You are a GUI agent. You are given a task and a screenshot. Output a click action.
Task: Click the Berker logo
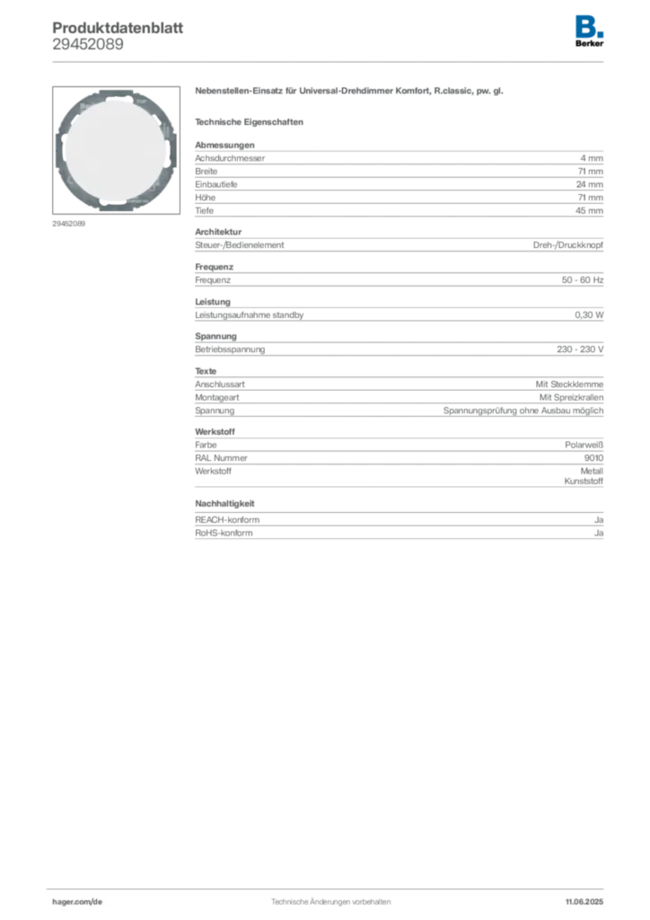click(x=589, y=31)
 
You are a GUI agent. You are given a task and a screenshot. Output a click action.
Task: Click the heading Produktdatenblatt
click(x=118, y=28)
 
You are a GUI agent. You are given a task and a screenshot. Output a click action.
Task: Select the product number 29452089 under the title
click(x=88, y=45)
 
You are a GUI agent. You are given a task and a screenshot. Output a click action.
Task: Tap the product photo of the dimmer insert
click(x=116, y=150)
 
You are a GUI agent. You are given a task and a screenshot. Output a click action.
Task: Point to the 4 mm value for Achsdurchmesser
click(x=592, y=158)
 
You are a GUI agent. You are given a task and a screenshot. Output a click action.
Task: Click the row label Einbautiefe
click(x=215, y=184)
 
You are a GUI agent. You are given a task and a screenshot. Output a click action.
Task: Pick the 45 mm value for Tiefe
click(x=589, y=210)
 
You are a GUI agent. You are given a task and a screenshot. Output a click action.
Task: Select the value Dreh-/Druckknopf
click(x=568, y=245)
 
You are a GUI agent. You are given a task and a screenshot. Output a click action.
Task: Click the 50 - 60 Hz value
click(x=582, y=280)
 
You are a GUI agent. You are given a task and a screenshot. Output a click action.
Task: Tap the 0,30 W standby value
click(x=589, y=315)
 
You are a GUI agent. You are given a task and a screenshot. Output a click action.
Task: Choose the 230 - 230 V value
click(x=580, y=349)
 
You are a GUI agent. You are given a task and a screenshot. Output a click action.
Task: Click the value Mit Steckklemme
click(x=569, y=385)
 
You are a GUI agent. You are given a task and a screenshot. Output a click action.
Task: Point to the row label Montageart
click(x=217, y=398)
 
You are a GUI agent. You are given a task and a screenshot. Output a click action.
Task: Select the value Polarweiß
click(x=584, y=446)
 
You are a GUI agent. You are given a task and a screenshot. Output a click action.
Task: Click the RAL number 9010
click(x=593, y=458)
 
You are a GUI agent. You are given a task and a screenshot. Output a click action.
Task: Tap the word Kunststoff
click(x=584, y=482)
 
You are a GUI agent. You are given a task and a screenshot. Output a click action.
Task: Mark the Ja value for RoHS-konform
click(x=599, y=534)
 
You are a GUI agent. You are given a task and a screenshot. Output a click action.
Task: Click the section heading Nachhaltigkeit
click(x=224, y=503)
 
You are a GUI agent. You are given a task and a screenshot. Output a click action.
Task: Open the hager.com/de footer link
click(x=77, y=902)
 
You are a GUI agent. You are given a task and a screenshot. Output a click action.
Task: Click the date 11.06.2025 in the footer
click(x=584, y=902)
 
